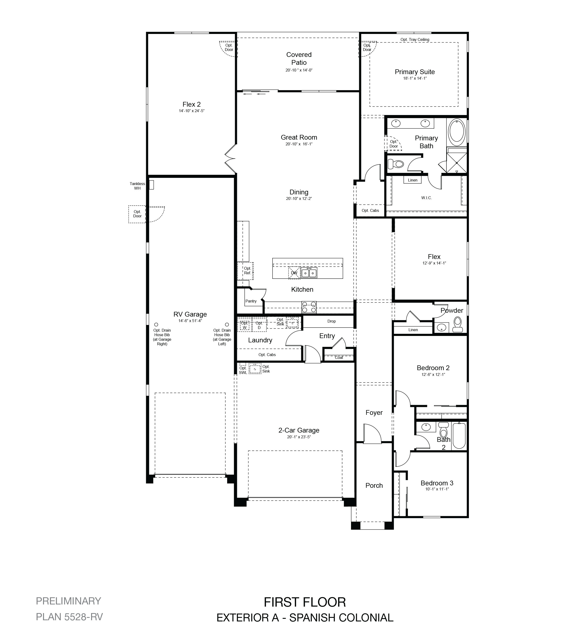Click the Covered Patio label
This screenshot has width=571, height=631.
coord(299,59)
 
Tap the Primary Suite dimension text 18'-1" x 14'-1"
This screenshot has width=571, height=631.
coord(415,78)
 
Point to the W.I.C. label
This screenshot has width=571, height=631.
coord(426,198)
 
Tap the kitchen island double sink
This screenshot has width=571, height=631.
coord(309,273)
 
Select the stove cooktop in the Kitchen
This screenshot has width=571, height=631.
coord(309,307)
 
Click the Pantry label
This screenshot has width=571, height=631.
coord(251,301)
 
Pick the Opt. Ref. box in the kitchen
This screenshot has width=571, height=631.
coord(245,271)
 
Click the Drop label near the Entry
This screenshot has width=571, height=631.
coord(331,321)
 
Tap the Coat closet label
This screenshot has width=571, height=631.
coord(339,357)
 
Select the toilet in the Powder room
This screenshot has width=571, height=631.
coord(458,324)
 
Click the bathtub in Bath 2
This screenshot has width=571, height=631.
coord(459,436)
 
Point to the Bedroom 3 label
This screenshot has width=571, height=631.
coord(437,483)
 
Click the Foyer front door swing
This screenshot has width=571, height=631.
coord(373,433)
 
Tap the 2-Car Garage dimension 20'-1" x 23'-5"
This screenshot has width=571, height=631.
coord(299,437)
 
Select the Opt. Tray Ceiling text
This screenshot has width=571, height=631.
coord(415,39)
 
